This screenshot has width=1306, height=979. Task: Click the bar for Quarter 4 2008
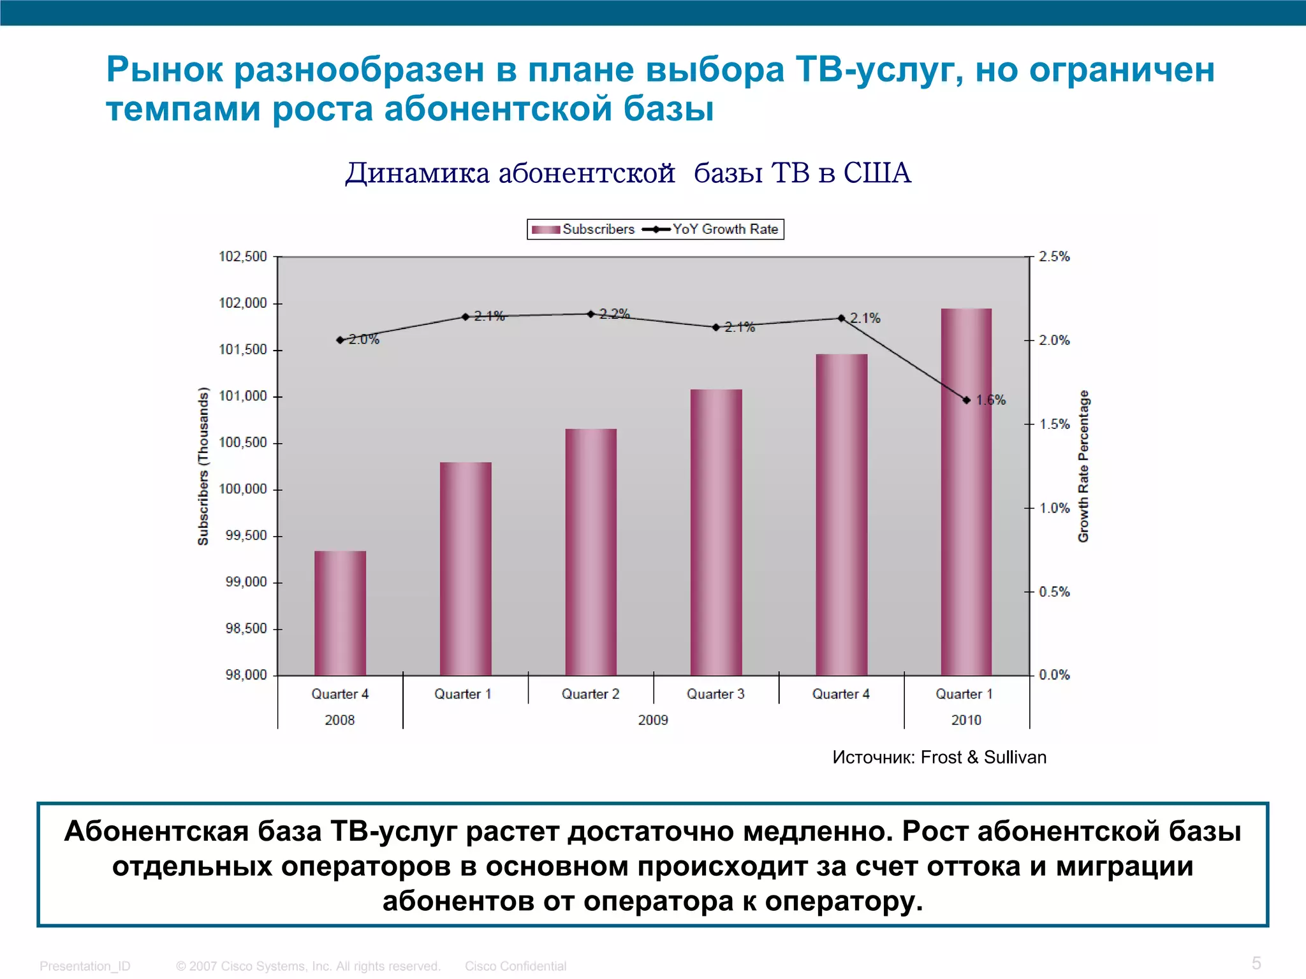[340, 613]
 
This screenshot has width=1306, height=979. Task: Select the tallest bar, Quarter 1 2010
[966, 491]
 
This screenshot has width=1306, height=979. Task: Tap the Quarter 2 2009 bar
[591, 551]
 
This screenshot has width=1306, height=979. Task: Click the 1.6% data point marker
[966, 400]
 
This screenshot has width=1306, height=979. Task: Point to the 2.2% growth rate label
[614, 314]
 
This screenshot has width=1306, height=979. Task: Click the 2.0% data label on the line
[364, 339]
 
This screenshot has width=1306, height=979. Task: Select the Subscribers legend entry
[583, 229]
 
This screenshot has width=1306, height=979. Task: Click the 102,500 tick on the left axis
[243, 256]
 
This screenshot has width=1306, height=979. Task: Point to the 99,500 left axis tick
[246, 535]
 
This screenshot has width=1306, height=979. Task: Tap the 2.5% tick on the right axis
[1054, 256]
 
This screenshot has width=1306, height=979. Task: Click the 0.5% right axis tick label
[1054, 591]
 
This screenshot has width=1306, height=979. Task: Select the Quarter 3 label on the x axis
[715, 694]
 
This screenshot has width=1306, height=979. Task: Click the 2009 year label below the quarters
[653, 720]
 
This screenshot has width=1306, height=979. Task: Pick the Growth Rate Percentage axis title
[1083, 466]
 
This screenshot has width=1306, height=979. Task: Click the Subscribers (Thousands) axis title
[203, 466]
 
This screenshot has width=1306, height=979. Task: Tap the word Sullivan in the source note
[1015, 757]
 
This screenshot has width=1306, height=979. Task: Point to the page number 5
[1256, 962]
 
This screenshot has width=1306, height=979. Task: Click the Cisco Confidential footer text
[515, 966]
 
